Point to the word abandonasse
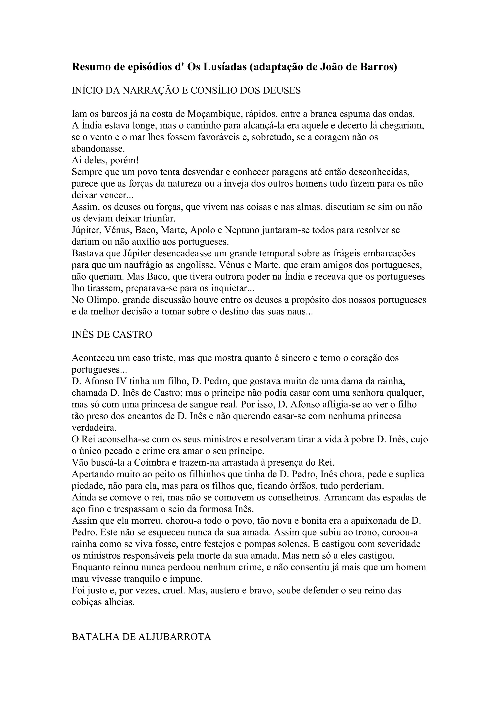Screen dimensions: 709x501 [98, 149]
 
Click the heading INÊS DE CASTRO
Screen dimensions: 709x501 [112, 335]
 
